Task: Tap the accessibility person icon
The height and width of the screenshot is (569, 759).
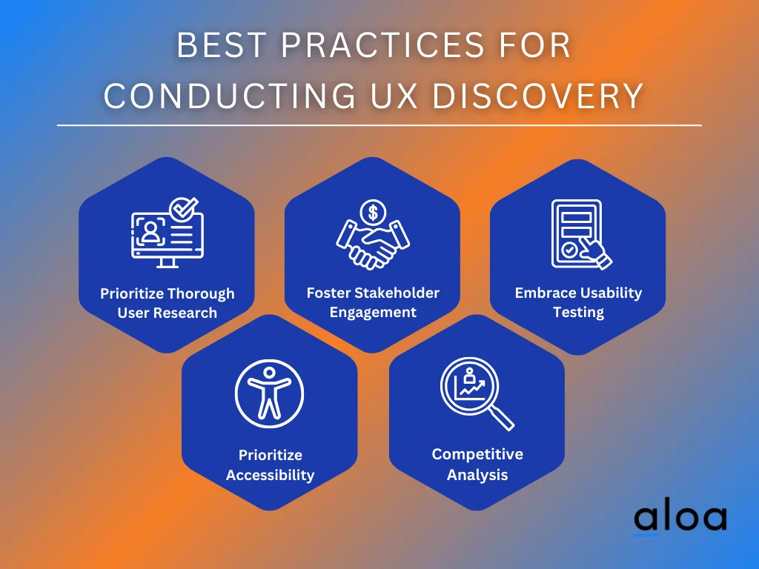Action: pyautogui.click(x=269, y=390)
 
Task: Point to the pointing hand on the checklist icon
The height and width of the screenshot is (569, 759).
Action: pyautogui.click(x=597, y=253)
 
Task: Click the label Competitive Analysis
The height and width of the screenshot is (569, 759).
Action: pyautogui.click(x=477, y=464)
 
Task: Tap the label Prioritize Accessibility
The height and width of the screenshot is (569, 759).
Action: pyautogui.click(x=270, y=465)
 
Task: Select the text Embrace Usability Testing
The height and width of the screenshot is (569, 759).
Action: pyautogui.click(x=578, y=302)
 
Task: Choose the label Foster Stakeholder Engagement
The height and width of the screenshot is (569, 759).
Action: pyautogui.click(x=373, y=302)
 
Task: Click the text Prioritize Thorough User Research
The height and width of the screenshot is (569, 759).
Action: pyautogui.click(x=168, y=303)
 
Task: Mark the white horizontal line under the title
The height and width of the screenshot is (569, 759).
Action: pyautogui.click(x=379, y=126)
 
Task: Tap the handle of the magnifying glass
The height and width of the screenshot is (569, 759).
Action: pyautogui.click(x=502, y=419)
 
